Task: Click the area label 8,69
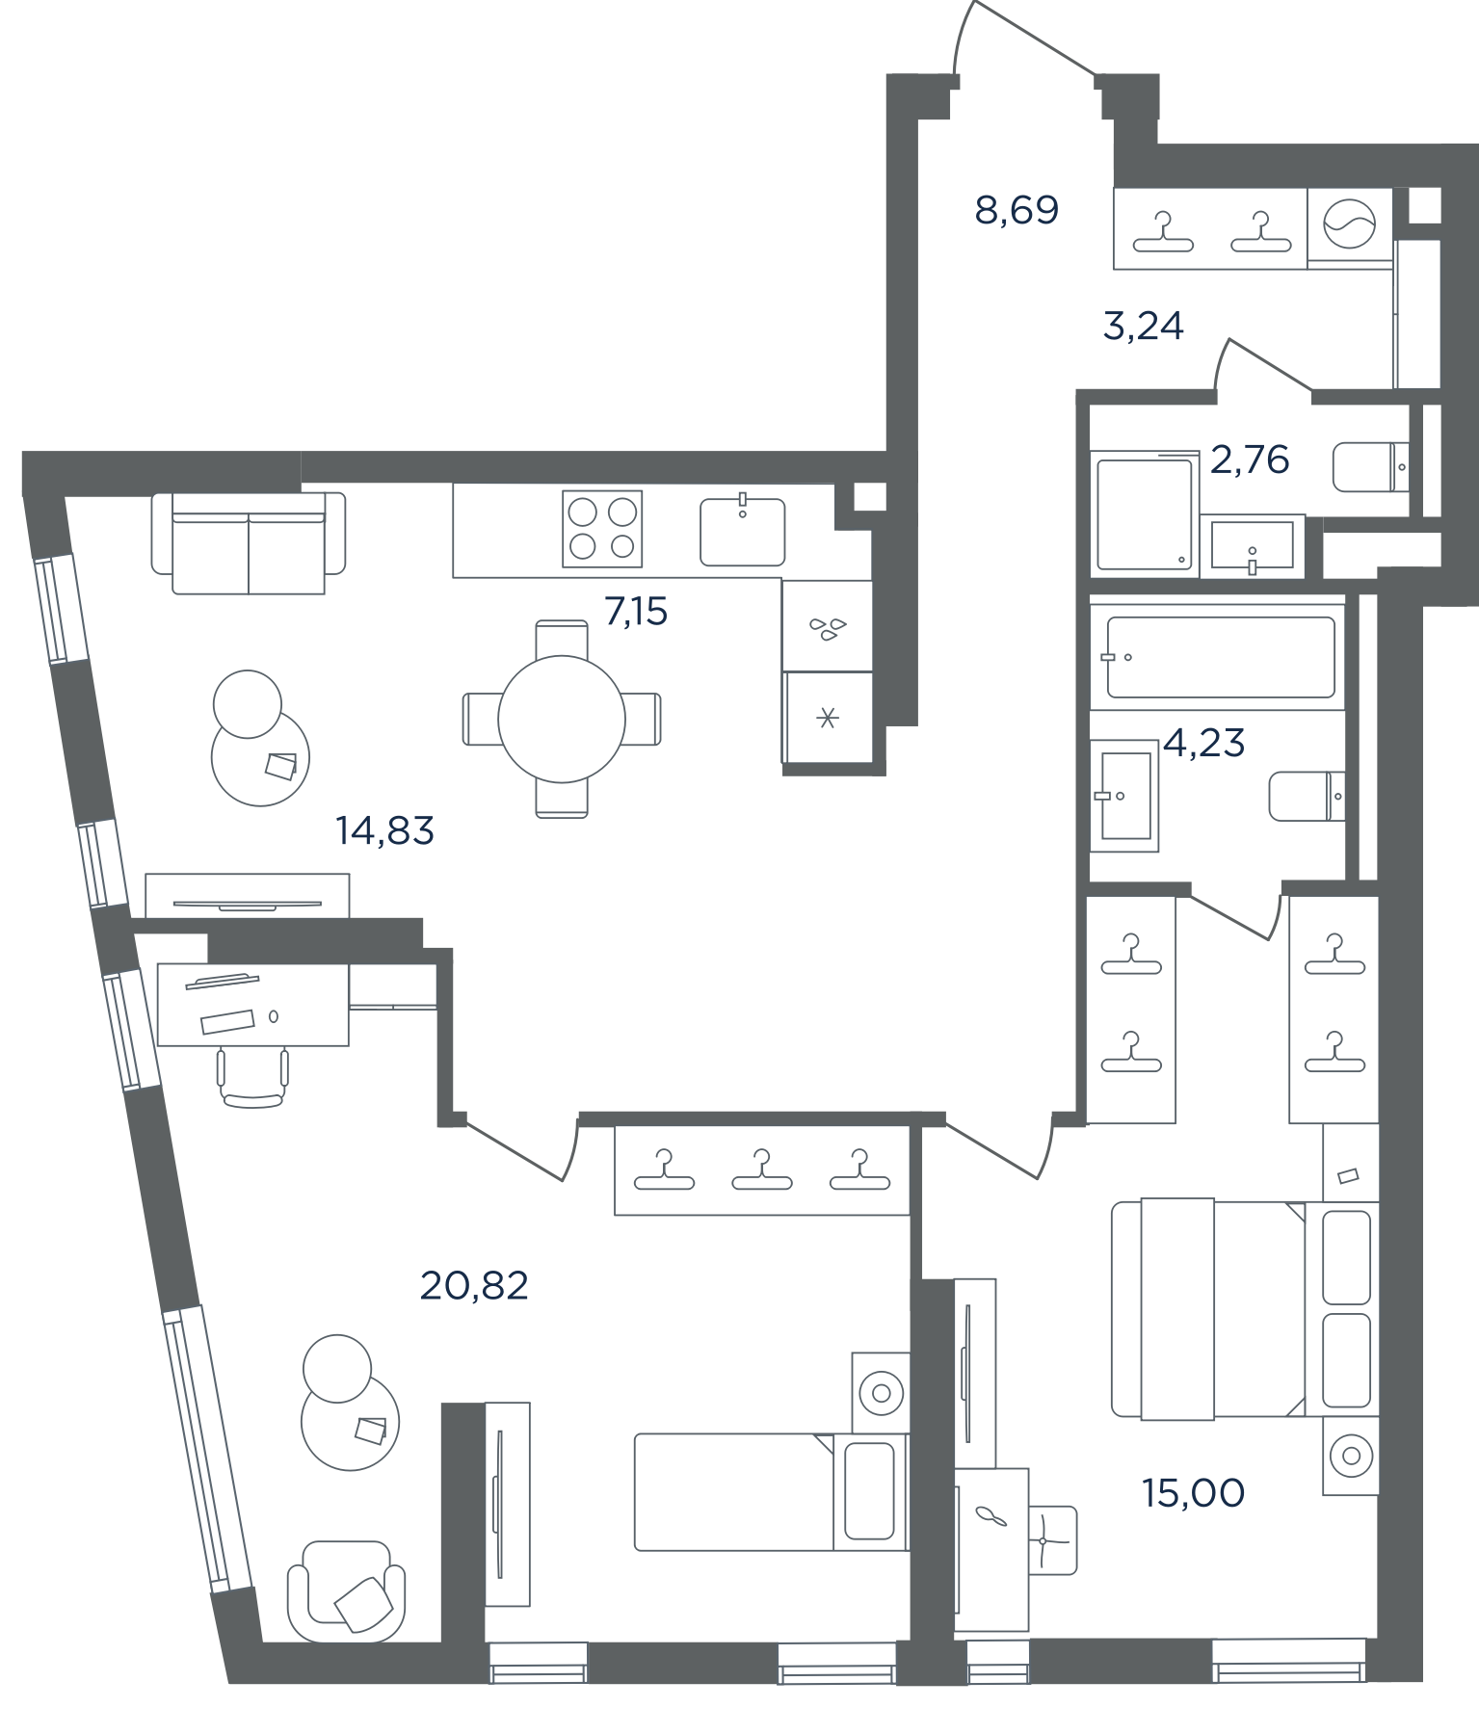click(x=1017, y=210)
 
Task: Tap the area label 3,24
click(x=1143, y=327)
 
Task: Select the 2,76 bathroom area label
click(x=1249, y=460)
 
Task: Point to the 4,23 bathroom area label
click(x=1204, y=743)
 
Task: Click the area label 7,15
click(x=636, y=612)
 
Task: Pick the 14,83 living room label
click(x=384, y=830)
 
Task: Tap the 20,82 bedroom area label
click(x=474, y=1286)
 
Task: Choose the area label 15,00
click(x=1193, y=1493)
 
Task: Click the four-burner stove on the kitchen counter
click(x=602, y=529)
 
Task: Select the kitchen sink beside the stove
click(x=742, y=530)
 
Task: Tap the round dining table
click(x=562, y=719)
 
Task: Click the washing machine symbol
click(x=1349, y=227)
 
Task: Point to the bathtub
click(x=1220, y=657)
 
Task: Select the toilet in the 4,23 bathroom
click(x=1307, y=796)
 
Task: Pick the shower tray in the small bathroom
click(x=1145, y=514)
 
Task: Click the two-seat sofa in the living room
click(x=249, y=543)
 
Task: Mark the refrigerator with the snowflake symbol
click(x=828, y=718)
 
